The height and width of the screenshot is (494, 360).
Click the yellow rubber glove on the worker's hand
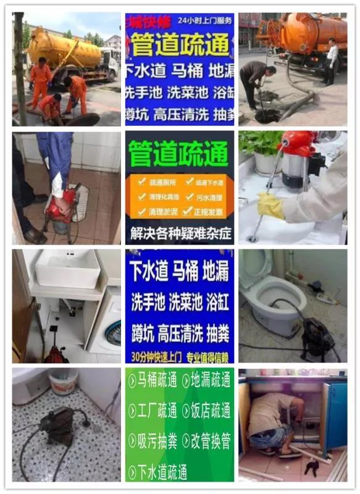point(270,206)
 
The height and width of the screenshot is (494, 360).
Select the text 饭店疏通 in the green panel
point(209,410)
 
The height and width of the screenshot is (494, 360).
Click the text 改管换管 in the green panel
point(209,440)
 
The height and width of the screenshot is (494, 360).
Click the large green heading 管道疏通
point(179,153)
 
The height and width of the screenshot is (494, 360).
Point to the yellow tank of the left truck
point(65,48)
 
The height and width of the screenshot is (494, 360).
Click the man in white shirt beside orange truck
point(332,59)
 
